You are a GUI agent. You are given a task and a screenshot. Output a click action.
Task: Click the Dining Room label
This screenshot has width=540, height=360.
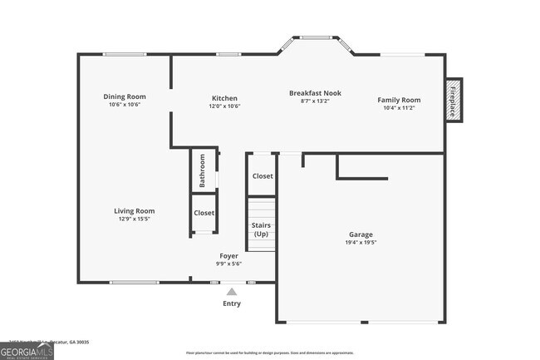[125, 96]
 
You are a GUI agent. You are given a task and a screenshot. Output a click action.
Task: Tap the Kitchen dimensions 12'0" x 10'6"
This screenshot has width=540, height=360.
[224, 106]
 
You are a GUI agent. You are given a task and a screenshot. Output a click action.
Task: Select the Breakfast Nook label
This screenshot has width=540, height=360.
[315, 93]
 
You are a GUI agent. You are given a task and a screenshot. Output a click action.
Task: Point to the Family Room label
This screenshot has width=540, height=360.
[399, 99]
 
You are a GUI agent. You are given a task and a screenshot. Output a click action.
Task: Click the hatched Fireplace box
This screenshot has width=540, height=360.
[454, 101]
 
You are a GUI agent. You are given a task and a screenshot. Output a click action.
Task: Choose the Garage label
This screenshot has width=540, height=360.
[361, 234]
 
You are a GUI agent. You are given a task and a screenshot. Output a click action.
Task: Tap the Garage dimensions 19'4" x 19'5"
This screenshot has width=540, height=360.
[361, 243]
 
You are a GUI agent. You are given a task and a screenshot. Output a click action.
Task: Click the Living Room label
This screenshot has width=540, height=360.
[135, 211]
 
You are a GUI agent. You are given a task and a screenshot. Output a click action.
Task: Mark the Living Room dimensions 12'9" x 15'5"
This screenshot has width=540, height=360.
[135, 219]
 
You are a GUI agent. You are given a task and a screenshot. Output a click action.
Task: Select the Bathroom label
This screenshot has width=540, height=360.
[202, 170]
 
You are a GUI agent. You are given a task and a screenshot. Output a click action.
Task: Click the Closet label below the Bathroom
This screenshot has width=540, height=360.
[204, 213]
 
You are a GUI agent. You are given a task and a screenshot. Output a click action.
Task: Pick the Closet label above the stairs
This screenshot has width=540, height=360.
[263, 176]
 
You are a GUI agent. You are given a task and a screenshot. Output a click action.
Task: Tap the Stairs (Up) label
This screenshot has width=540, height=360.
[261, 229]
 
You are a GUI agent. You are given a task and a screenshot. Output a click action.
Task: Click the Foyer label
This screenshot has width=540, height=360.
[229, 255]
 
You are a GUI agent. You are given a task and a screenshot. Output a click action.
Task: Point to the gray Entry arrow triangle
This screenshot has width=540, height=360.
[232, 291]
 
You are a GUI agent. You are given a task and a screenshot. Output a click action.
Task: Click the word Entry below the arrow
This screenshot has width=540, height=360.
[232, 303]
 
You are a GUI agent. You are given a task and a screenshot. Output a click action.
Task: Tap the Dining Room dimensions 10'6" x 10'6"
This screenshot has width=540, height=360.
[125, 105]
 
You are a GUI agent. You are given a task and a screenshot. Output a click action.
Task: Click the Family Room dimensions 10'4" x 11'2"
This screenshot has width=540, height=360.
[399, 107]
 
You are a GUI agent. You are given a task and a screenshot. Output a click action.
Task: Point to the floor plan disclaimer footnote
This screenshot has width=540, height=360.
[270, 353]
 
